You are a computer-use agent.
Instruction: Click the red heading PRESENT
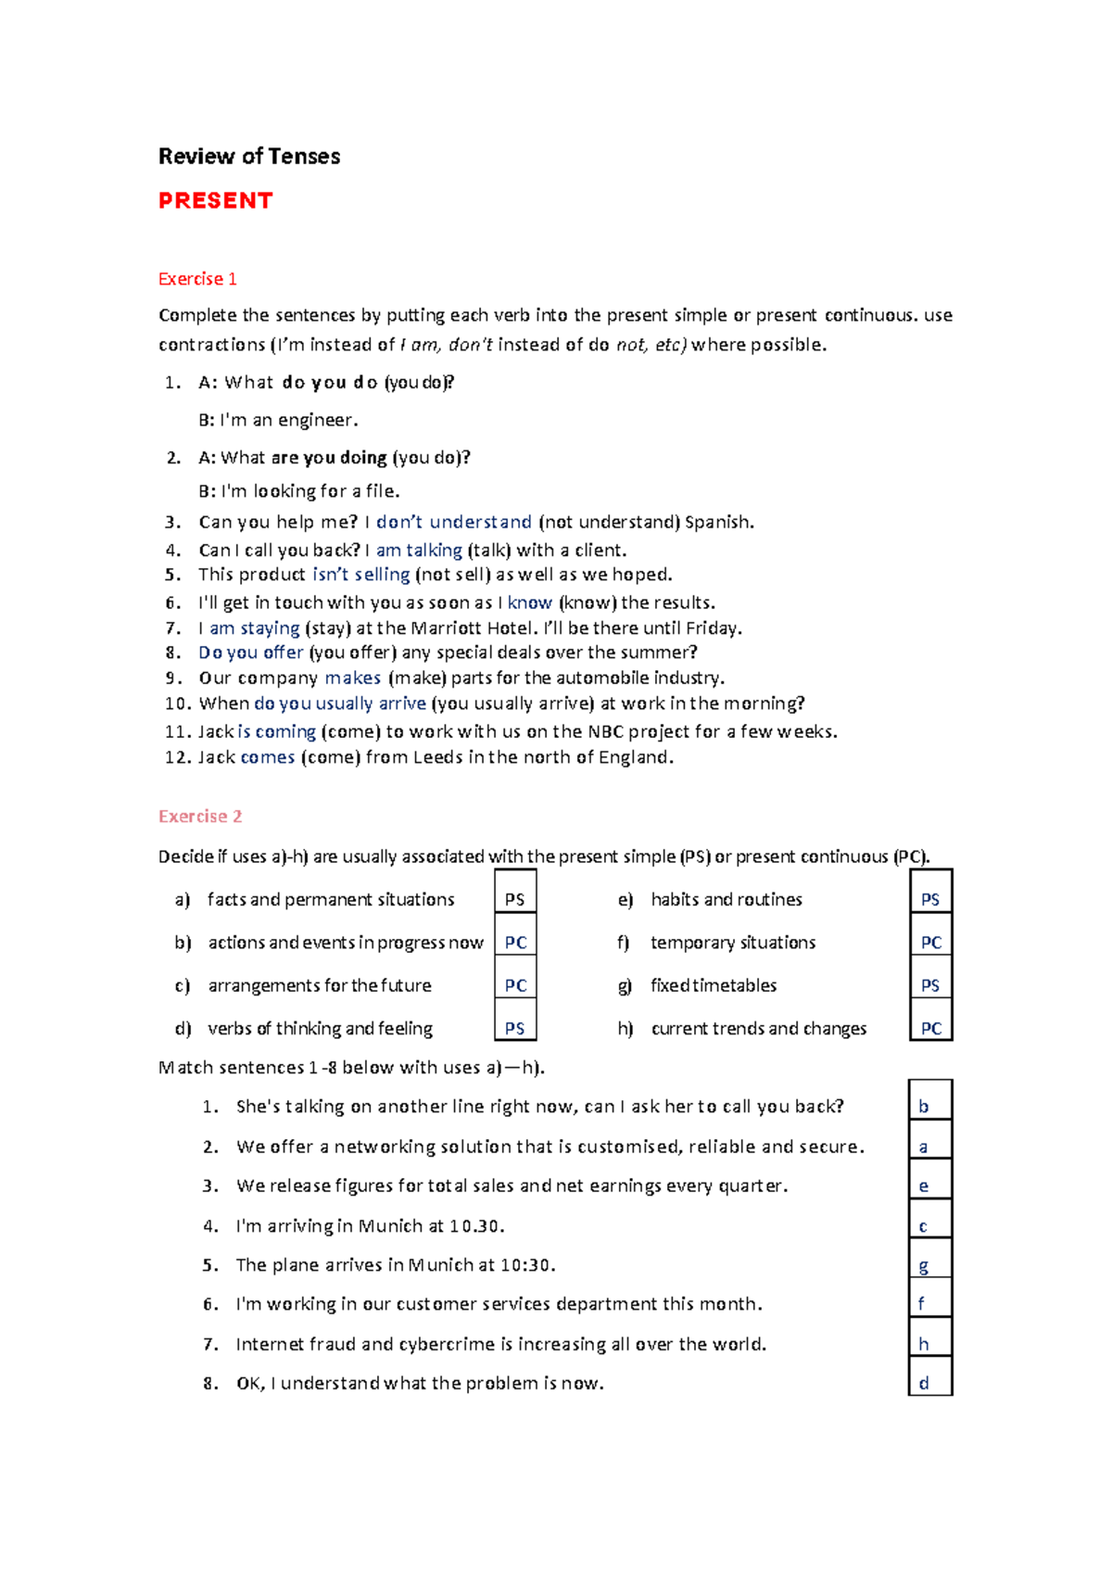(x=215, y=201)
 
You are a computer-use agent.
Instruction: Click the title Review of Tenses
(x=248, y=157)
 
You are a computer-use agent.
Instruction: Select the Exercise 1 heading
(x=197, y=279)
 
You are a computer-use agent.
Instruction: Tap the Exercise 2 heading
(x=200, y=817)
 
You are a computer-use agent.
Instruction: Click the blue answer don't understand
(x=453, y=522)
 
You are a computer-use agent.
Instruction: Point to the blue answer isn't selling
(x=360, y=575)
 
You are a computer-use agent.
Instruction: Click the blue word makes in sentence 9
(x=352, y=678)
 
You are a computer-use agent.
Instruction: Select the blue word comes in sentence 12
(x=267, y=757)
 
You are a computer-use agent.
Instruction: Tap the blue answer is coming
(x=276, y=731)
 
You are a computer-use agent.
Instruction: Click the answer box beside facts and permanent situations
(x=515, y=899)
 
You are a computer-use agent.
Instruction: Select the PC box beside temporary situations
(x=930, y=943)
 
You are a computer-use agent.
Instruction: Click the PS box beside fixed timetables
(x=930, y=985)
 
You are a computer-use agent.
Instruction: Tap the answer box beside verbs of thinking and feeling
(x=515, y=1028)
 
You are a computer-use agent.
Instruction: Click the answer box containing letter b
(x=929, y=1107)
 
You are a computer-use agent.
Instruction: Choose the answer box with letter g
(x=929, y=1265)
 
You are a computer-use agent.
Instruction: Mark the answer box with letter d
(x=929, y=1383)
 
